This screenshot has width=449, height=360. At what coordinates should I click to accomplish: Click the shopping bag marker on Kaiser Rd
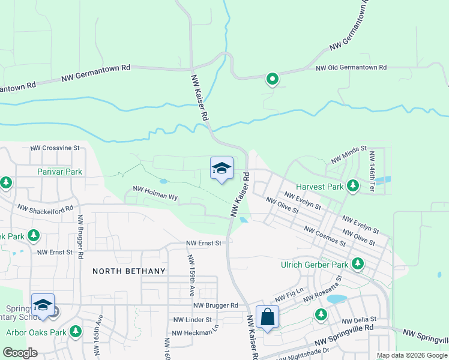[267, 317]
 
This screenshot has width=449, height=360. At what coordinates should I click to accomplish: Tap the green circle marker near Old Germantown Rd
[273, 78]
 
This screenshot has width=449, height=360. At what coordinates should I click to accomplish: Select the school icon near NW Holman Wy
[221, 169]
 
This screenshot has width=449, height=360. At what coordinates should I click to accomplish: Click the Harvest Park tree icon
[353, 187]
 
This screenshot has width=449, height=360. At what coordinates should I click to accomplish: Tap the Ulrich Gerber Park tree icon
[358, 263]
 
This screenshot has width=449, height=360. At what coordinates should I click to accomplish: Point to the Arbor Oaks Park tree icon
[76, 331]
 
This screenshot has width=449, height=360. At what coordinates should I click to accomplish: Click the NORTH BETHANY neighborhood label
[128, 271]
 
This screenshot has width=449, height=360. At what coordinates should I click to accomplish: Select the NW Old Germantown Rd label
[351, 68]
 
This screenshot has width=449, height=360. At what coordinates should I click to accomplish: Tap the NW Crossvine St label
[55, 147]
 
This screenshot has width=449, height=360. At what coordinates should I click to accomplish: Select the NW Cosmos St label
[324, 236]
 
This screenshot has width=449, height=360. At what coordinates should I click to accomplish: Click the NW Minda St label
[348, 154]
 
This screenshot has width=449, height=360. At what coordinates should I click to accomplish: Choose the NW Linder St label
[192, 320]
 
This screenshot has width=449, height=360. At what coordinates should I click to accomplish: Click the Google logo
[20, 353]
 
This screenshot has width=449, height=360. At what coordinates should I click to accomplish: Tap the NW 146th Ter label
[372, 170]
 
